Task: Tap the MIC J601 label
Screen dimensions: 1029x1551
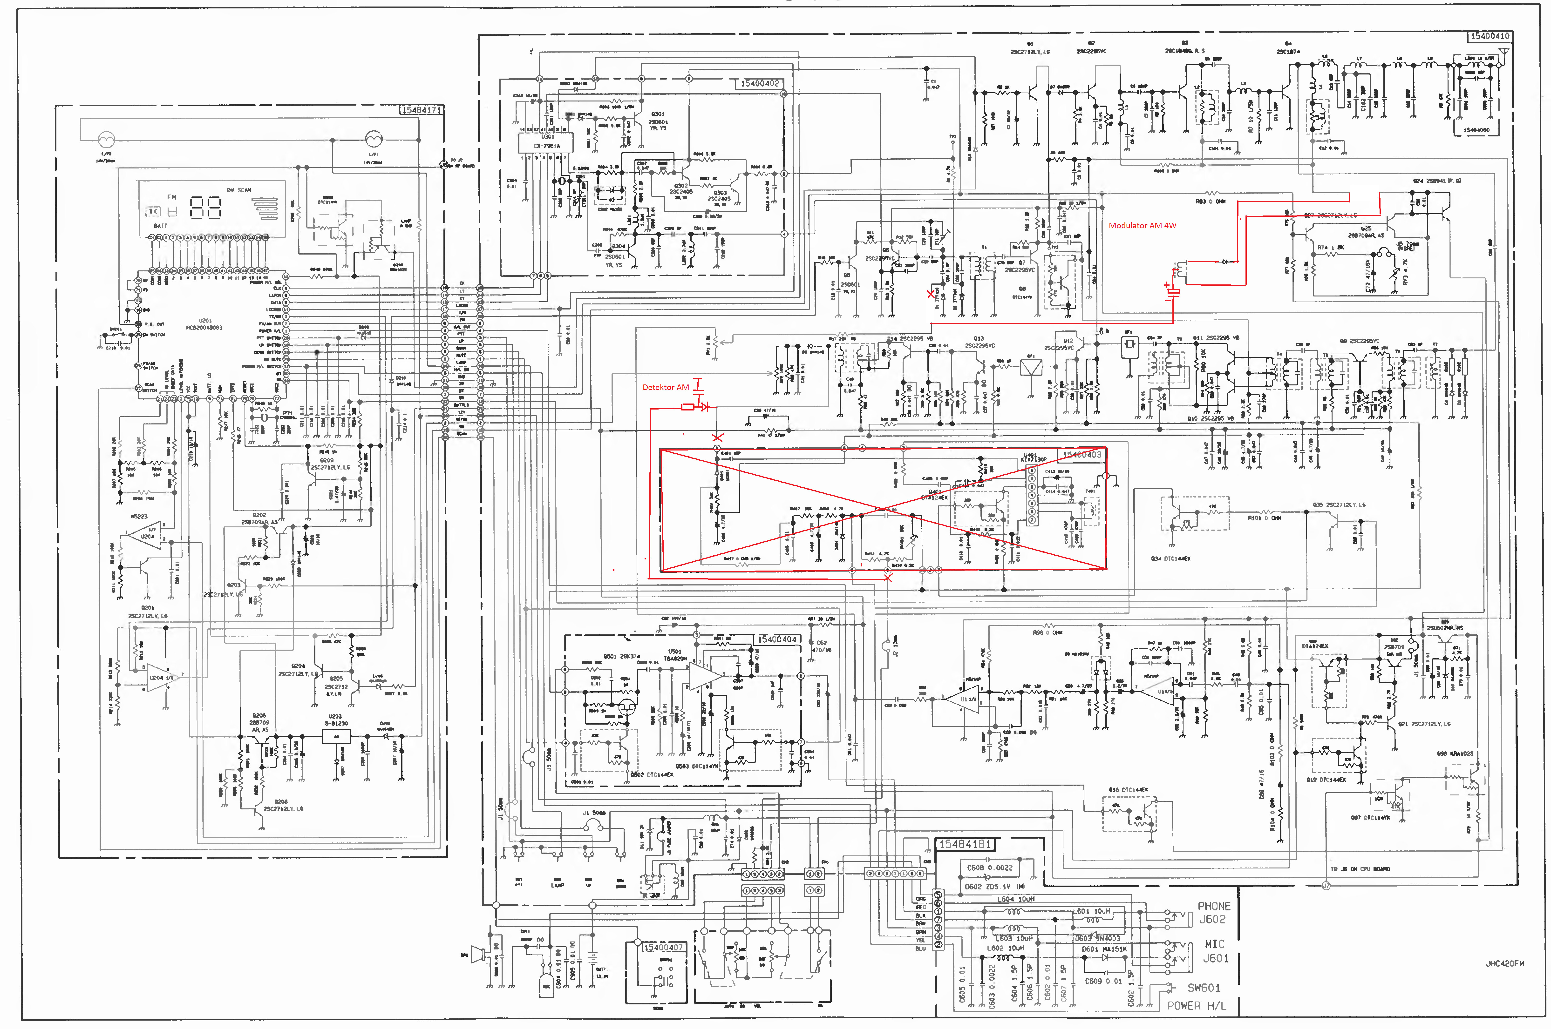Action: pos(1214,951)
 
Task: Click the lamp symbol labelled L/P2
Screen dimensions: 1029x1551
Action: pos(106,140)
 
